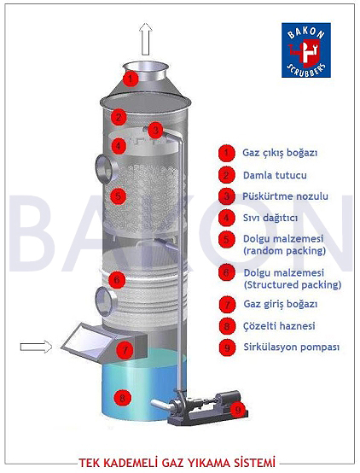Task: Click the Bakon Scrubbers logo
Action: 306,50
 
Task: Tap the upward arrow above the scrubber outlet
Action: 146,39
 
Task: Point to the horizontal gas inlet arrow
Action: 36,347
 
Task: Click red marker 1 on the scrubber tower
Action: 131,79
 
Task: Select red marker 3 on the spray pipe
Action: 155,130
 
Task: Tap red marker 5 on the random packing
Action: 118,196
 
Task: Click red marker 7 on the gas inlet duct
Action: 125,351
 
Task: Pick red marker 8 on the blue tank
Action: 122,398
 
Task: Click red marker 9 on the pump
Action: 238,410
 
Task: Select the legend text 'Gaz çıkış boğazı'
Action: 280,153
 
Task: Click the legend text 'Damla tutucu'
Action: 275,175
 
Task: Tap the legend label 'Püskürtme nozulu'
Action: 285,196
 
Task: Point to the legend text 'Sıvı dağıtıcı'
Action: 270,218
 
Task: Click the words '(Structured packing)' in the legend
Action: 292,285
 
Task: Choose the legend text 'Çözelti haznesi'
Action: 279,326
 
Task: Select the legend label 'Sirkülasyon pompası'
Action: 291,347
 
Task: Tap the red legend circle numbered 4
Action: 226,218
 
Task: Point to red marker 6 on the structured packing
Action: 117,280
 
